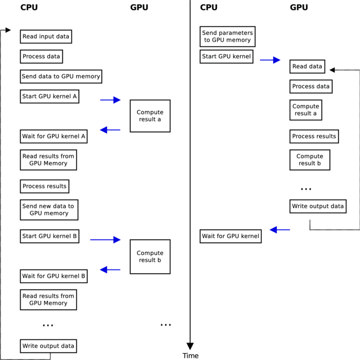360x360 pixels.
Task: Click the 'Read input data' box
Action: (x=45, y=37)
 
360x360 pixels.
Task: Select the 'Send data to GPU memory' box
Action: (x=61, y=77)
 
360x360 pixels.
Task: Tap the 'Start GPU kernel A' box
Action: (x=49, y=96)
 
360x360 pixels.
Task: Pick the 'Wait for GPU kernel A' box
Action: (x=53, y=136)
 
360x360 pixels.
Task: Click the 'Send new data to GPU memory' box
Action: (x=49, y=210)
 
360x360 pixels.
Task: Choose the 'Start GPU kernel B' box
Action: (x=49, y=237)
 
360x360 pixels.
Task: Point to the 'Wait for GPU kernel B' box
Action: (x=53, y=276)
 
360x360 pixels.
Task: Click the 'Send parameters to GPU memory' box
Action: (x=227, y=37)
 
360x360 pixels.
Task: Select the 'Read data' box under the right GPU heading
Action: (x=307, y=66)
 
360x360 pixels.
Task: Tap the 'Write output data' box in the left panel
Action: (x=49, y=346)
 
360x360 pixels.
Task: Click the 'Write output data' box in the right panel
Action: (x=318, y=207)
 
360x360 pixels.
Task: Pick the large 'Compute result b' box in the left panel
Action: (x=150, y=257)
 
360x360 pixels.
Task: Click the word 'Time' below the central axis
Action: (x=190, y=356)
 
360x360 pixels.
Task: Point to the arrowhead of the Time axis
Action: (x=190, y=346)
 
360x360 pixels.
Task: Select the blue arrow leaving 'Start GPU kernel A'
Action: (x=110, y=100)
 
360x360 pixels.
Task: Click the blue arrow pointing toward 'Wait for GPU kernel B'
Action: (x=110, y=269)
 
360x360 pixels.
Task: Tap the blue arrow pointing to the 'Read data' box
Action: (x=270, y=60)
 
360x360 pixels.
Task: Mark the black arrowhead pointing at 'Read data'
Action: (x=332, y=69)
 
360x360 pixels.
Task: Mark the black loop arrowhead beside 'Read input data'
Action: (x=8, y=30)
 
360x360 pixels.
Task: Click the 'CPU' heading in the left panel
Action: (x=29, y=7)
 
